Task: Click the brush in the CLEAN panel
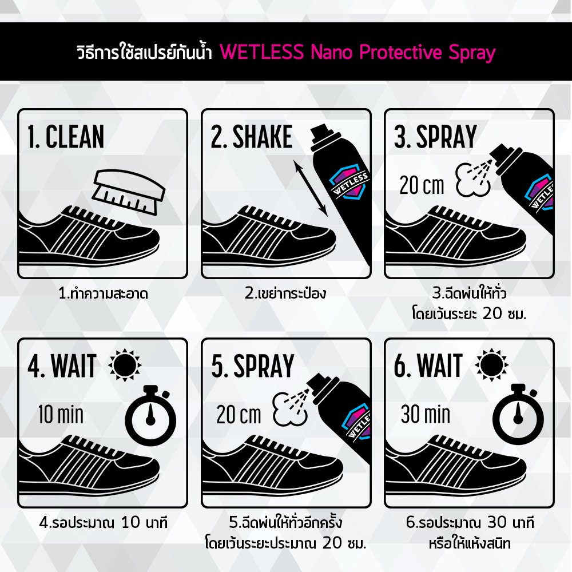[128, 192]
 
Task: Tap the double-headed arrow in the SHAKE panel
[311, 188]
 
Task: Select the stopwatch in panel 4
[150, 415]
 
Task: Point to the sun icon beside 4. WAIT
[125, 365]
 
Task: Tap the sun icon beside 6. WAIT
[491, 365]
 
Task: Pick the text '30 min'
[426, 414]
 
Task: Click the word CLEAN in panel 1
[75, 137]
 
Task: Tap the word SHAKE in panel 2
[263, 137]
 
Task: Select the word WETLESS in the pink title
[261, 52]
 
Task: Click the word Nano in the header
[332, 52]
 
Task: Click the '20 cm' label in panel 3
[422, 185]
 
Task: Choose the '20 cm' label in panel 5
[239, 415]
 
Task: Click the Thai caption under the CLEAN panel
[103, 293]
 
